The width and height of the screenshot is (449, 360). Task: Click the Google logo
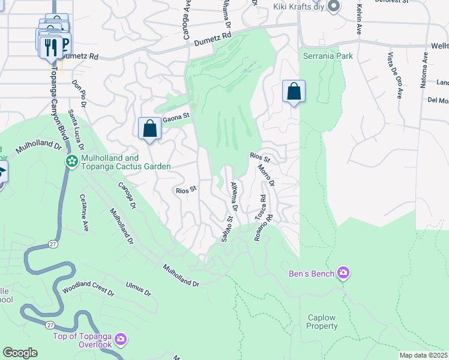pyautogui.click(x=20, y=353)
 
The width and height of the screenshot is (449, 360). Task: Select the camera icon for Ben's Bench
pyautogui.click(x=343, y=274)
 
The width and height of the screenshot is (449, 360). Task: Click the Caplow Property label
pyautogui.click(x=322, y=322)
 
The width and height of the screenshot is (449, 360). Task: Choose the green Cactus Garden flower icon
pyautogui.click(x=71, y=161)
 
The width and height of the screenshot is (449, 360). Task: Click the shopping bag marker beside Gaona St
pyautogui.click(x=149, y=128)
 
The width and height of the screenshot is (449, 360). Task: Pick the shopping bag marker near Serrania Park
pyautogui.click(x=294, y=92)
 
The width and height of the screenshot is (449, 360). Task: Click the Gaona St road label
pyautogui.click(x=176, y=115)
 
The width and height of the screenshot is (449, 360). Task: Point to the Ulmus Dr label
pyautogui.click(x=139, y=289)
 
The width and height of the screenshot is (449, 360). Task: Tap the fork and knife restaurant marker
pyautogui.click(x=49, y=47)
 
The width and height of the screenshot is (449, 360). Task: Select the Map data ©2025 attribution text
pyautogui.click(x=424, y=355)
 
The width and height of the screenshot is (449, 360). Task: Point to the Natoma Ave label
pyautogui.click(x=424, y=70)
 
